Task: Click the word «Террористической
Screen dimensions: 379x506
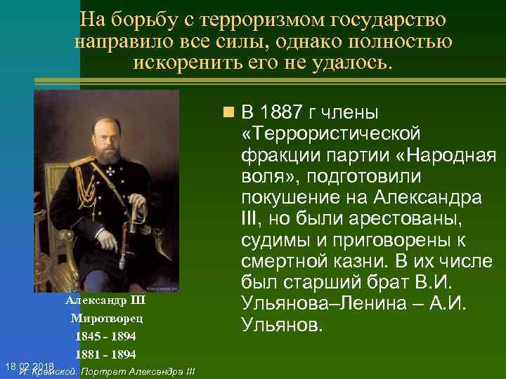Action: (330, 133)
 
